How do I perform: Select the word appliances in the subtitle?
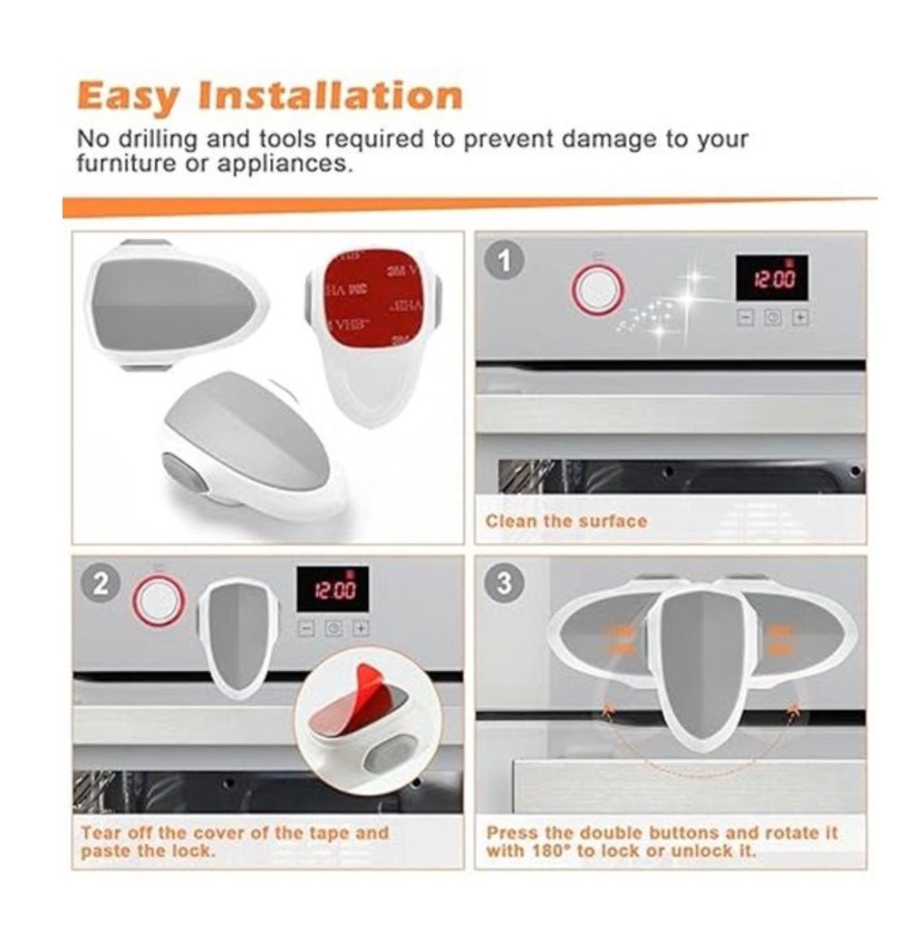pos(287,165)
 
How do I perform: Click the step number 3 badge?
pos(505,584)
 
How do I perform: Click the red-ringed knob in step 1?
pos(597,289)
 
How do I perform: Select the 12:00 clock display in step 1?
pos(771,278)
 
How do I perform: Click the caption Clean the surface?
pos(566,522)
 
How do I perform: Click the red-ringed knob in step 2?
pos(159,601)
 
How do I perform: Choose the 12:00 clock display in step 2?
pos(333,590)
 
